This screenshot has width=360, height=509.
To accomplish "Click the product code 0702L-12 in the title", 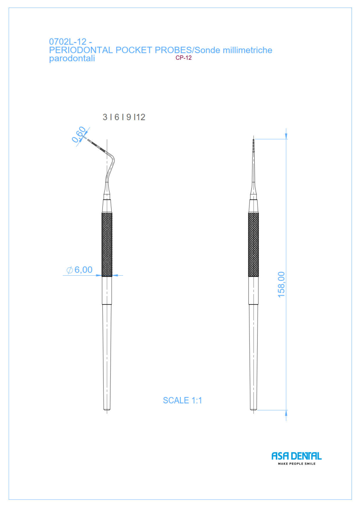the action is pos(67,42).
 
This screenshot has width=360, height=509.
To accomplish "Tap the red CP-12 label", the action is pos(183,58).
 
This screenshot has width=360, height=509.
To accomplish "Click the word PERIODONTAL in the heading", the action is pos(81,50).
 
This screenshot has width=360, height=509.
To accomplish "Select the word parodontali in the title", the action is pos(72,59).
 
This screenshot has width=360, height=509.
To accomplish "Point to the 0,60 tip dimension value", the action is pos(79,134).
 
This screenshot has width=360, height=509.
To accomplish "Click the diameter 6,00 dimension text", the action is pos(83,270).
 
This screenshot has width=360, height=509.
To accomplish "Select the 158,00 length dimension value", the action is pos(281,284).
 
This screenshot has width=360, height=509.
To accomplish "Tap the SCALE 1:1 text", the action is pos(183,400).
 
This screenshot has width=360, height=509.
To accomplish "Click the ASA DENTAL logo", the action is pos(297,456).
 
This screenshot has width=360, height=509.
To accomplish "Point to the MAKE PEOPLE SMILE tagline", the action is pos(297,464).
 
